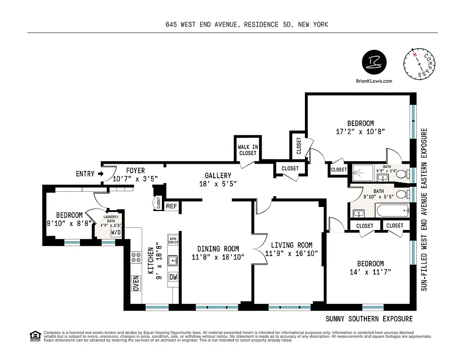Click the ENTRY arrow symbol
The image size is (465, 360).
coord(101,174)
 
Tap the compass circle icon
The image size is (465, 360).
coord(421,64)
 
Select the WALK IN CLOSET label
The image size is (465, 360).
coord(247,150)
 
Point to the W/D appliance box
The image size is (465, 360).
coord(116,233)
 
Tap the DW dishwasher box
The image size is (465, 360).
coord(173,277)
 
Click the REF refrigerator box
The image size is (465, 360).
coord(171,206)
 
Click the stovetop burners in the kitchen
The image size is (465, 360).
coord(134,257)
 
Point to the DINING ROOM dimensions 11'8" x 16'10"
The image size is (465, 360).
coord(218,257)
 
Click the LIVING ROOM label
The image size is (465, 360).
coord(291,245)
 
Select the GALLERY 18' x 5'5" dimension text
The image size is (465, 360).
coord(218,184)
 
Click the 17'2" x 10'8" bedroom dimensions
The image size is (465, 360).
coord(360,132)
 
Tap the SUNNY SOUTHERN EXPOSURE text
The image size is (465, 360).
coord(369,319)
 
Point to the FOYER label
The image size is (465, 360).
coord(135,171)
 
